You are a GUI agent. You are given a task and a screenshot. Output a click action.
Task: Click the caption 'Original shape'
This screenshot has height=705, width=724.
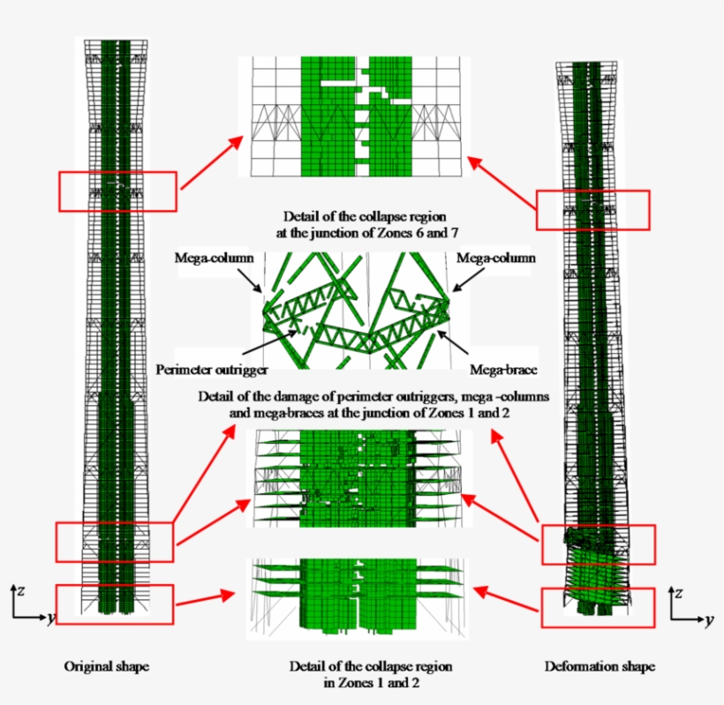tap(99, 666)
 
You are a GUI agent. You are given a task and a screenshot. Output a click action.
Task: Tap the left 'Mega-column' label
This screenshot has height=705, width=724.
tap(215, 259)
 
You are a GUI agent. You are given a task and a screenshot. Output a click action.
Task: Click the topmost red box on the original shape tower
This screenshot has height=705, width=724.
tap(117, 191)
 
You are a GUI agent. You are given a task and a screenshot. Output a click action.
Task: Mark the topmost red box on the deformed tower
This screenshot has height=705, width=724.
tap(593, 211)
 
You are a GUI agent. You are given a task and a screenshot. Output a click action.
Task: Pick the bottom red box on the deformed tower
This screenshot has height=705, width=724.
tap(598, 609)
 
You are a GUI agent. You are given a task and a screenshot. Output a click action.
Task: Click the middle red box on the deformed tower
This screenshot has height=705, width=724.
tap(598, 544)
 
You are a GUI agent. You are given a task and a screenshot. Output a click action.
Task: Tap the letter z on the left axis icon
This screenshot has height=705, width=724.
tap(19, 588)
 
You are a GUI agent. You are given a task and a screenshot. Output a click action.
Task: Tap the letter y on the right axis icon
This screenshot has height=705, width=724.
tap(708, 620)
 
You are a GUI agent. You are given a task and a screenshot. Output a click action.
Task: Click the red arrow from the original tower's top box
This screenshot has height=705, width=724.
tap(211, 162)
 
